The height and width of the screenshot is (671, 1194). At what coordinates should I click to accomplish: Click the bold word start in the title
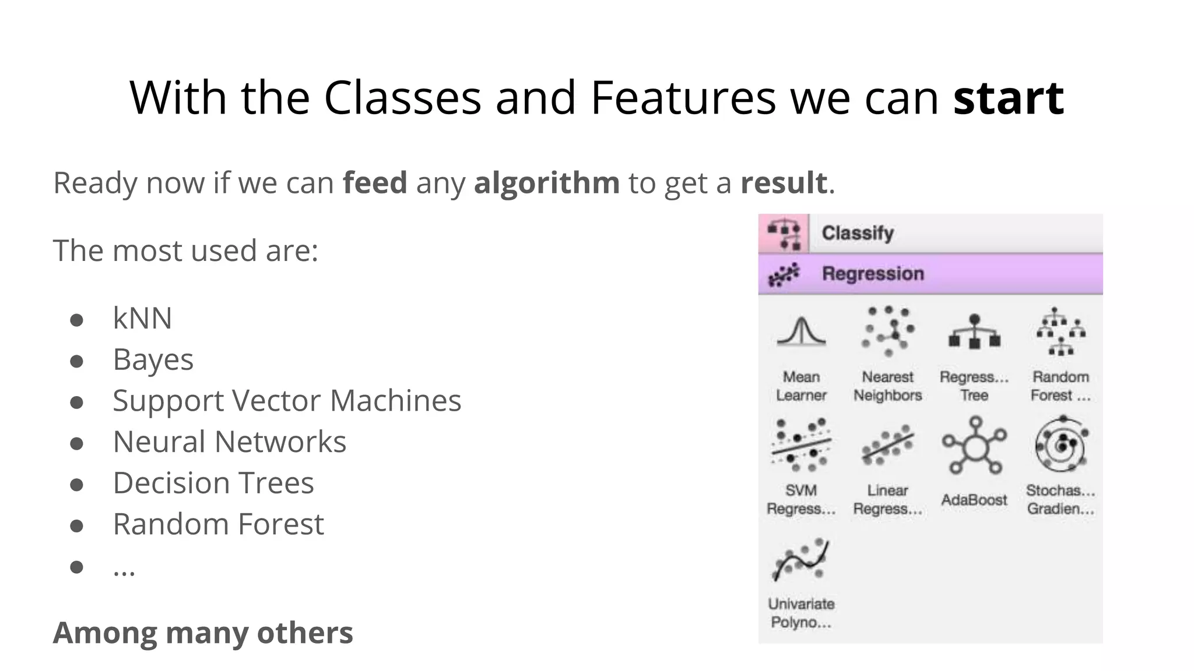1008,98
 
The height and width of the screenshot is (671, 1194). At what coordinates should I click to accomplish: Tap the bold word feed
374,183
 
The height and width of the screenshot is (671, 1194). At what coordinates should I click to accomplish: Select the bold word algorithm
546,183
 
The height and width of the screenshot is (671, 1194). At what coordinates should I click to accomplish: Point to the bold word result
784,183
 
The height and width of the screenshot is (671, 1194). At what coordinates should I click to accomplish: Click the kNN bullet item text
142,318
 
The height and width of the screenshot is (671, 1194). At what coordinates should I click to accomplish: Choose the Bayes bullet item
153,359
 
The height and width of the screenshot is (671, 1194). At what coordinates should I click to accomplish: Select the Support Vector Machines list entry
287,401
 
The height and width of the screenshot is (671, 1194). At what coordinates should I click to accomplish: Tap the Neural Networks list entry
229,442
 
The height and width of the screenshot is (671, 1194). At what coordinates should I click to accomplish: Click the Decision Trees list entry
213,483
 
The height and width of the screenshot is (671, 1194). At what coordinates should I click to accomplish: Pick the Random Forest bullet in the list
218,524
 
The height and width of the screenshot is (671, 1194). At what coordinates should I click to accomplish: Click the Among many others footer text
203,633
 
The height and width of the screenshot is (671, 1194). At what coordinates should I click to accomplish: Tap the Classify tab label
857,233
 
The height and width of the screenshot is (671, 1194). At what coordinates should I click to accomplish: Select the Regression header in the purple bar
873,274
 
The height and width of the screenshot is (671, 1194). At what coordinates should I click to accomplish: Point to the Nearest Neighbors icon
887,331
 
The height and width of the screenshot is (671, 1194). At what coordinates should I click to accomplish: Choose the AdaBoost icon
974,446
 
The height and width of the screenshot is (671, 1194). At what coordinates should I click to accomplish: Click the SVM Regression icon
801,445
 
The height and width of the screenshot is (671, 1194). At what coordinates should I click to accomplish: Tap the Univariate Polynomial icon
801,559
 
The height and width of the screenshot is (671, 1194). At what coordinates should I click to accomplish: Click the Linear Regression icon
887,445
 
